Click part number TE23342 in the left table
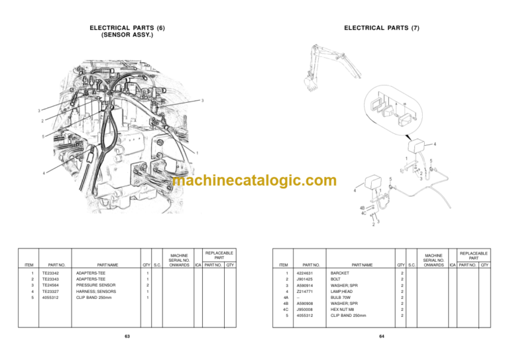coord(50,273)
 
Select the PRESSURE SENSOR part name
coord(93,285)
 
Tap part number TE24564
coord(50,285)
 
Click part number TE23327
coord(50,291)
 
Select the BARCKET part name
coord(340,273)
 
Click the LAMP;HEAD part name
coord(342,291)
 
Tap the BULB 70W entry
coord(342,297)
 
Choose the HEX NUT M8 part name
coord(343,309)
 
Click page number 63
coord(127,337)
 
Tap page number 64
coord(382,337)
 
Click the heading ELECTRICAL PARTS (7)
coord(382,28)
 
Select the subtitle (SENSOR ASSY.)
coord(127,34)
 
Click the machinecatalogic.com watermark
coord(254,180)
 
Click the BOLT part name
coord(336,279)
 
